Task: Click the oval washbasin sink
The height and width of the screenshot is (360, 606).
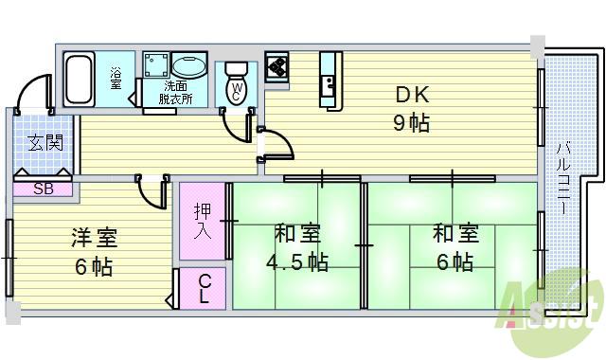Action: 190,66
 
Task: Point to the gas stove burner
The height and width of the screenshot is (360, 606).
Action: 277,65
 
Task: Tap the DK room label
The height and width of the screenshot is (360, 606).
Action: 412,95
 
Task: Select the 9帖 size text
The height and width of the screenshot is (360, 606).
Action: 412,122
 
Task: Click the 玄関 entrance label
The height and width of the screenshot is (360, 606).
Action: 45,144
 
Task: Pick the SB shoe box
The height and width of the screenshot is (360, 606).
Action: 44,188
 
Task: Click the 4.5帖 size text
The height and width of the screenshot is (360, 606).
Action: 297,261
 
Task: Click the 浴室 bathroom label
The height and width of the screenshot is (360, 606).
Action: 116,75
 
